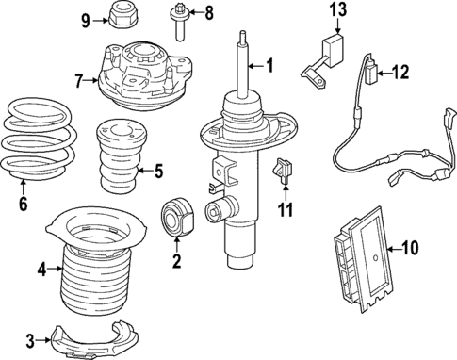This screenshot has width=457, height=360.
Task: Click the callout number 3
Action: pyautogui.click(x=30, y=339)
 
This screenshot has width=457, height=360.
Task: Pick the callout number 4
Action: pyautogui.click(x=41, y=270)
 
